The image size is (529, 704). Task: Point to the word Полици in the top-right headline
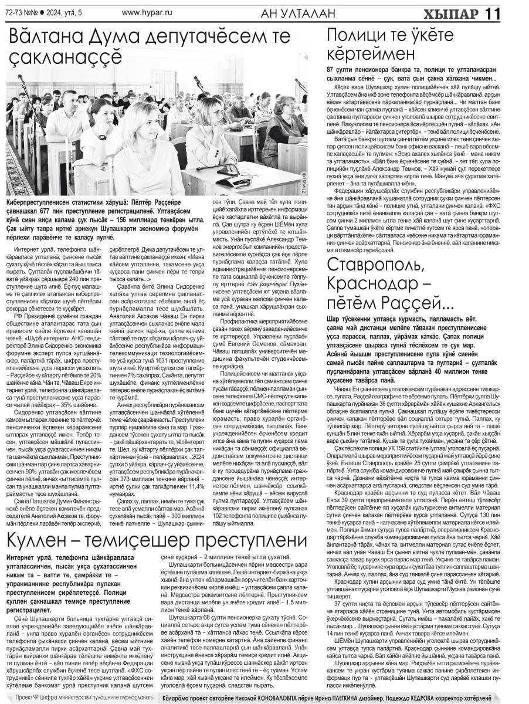click(x=359, y=38)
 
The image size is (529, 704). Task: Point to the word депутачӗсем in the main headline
click(x=205, y=39)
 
